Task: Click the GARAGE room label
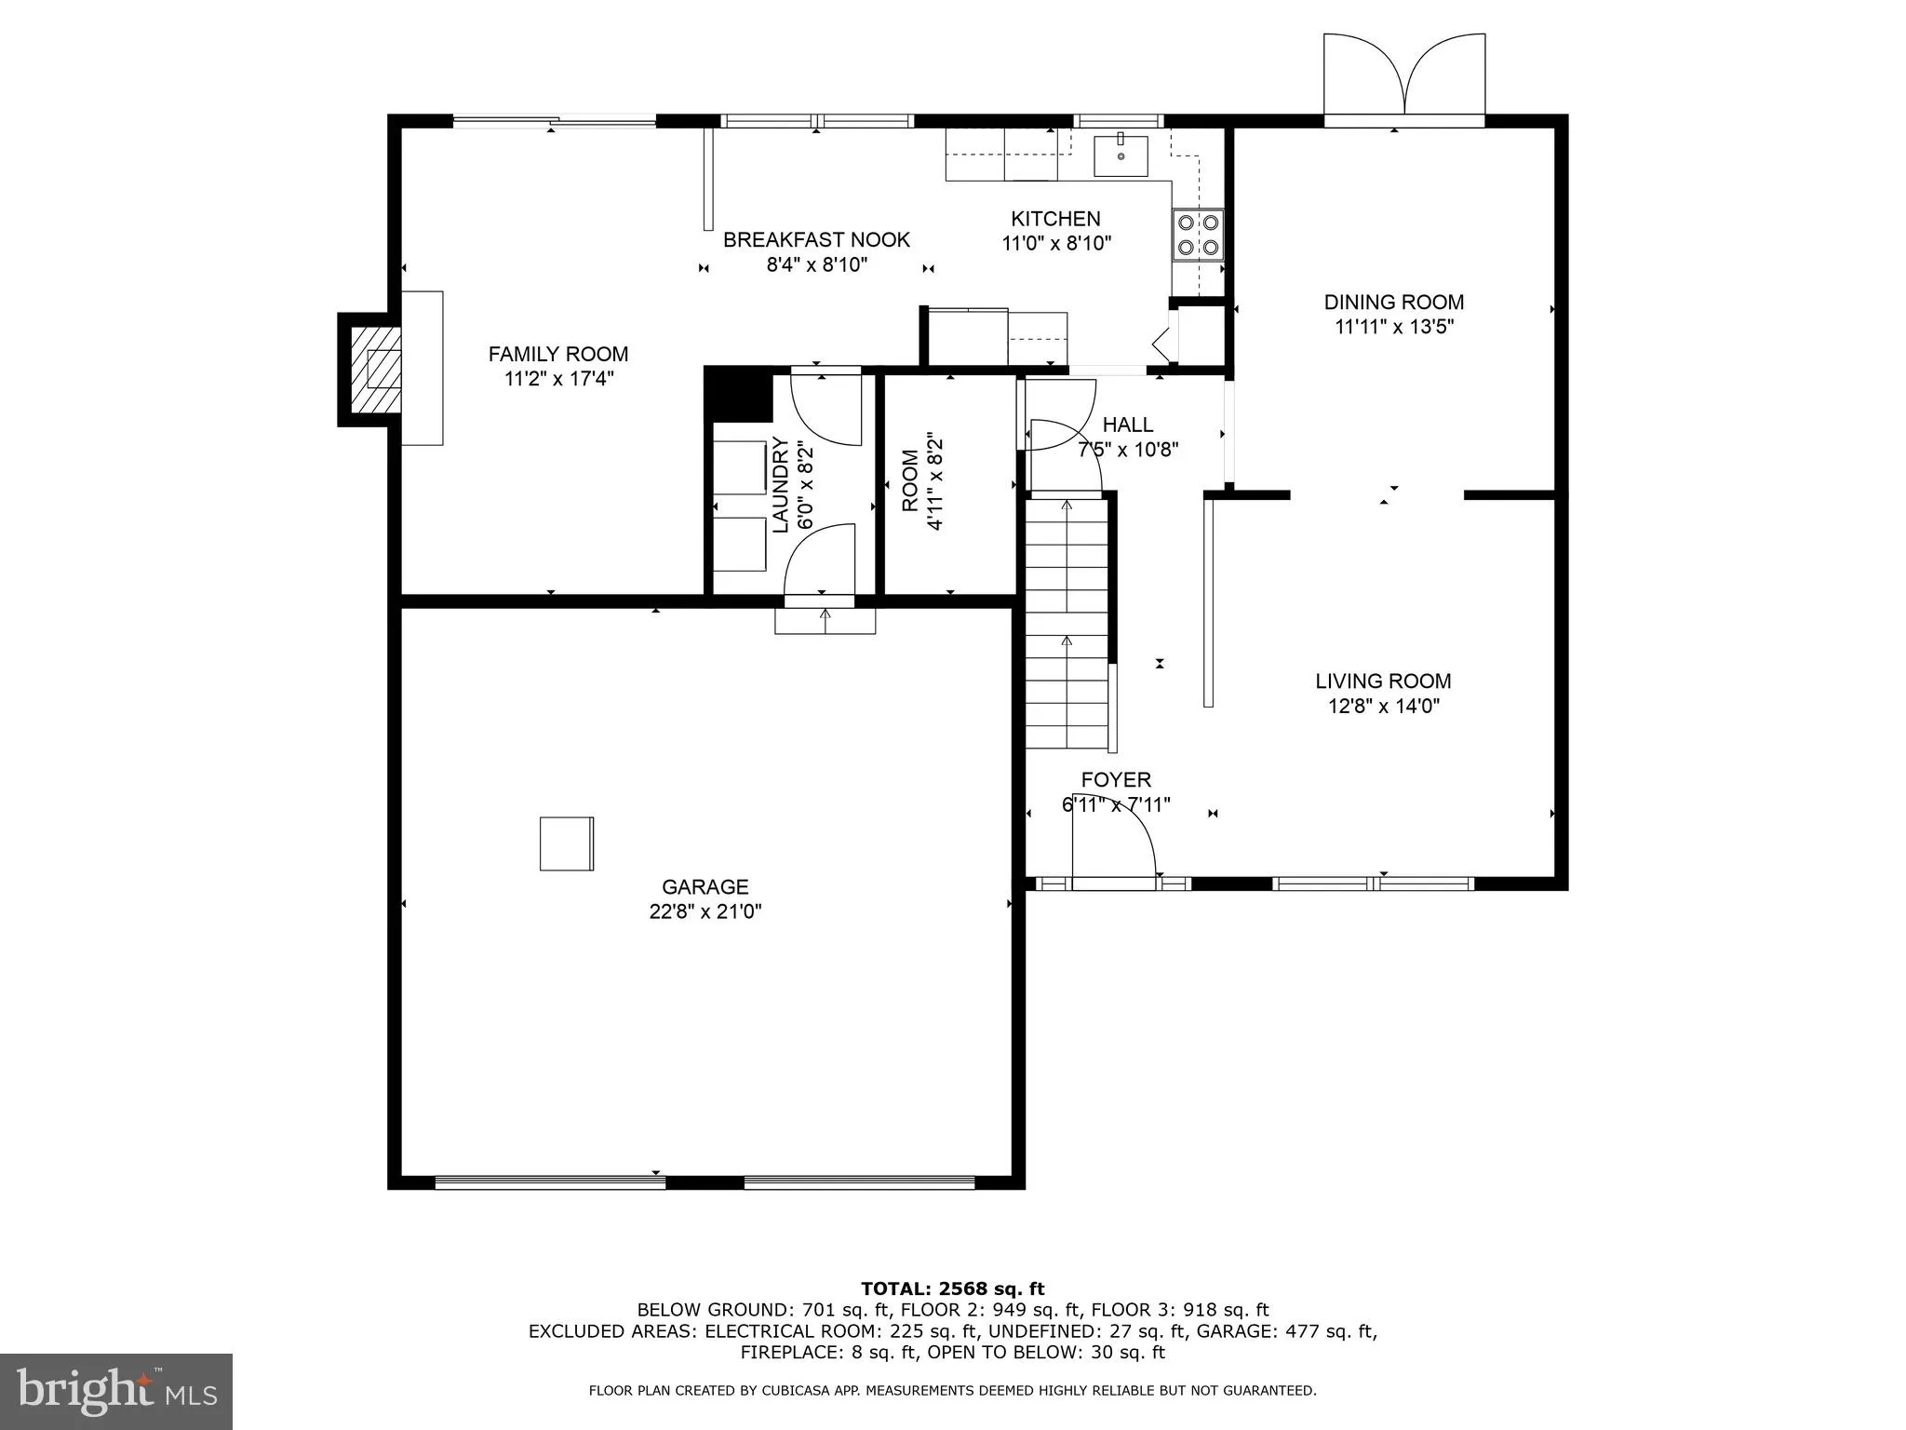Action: (705, 886)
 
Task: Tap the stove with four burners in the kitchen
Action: (1198, 235)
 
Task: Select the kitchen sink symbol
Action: (1121, 155)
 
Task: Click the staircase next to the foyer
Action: (1067, 624)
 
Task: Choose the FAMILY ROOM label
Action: (558, 354)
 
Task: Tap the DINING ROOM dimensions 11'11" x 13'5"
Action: (1394, 327)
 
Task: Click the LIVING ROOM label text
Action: (1383, 681)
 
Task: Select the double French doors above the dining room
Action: (1404, 78)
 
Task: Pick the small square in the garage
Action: (566, 843)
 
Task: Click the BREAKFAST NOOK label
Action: (816, 239)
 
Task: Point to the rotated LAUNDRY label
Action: (781, 486)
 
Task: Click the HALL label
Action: (1128, 425)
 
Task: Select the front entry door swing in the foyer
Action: (1113, 838)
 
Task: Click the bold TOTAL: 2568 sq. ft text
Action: (952, 1288)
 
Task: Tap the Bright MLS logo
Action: (116, 1391)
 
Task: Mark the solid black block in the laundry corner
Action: (738, 395)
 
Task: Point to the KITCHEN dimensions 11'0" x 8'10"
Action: (1056, 244)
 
